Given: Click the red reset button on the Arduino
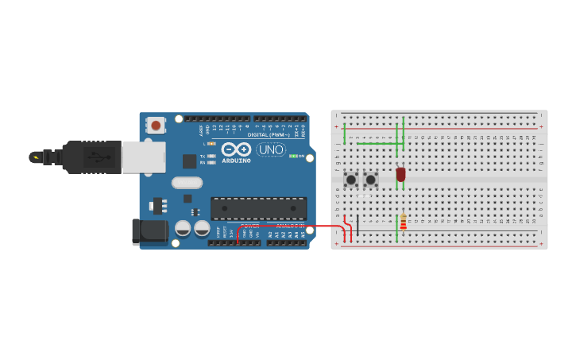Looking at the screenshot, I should point(156,125).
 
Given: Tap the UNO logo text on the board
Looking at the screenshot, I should point(271,149).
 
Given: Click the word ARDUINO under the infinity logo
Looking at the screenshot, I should point(236,161).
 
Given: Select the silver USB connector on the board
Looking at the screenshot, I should point(144,157).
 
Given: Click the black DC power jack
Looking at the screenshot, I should point(149,231).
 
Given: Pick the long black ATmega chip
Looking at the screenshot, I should point(258,208).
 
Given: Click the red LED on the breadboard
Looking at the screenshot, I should point(400,173).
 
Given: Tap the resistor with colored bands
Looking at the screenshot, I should point(403,222).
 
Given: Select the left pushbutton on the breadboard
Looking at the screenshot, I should point(350,180).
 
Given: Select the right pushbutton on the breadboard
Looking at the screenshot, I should point(370,180).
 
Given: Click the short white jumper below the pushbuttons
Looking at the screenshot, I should point(365,195).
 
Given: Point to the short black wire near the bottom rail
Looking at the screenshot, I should point(358,224).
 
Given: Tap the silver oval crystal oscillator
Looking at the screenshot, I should point(187,183).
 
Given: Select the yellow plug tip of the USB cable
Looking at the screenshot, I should point(35,157).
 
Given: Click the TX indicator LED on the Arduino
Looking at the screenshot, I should point(211,156).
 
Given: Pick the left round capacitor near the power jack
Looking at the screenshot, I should point(183,229).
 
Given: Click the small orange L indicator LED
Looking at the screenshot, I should point(211,144).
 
